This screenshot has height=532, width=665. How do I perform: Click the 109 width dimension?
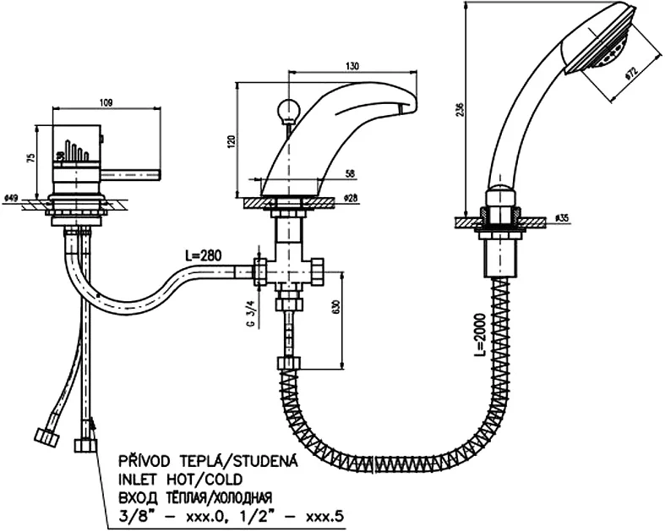pos(106,102)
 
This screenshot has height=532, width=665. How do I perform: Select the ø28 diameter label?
pos(350,198)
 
